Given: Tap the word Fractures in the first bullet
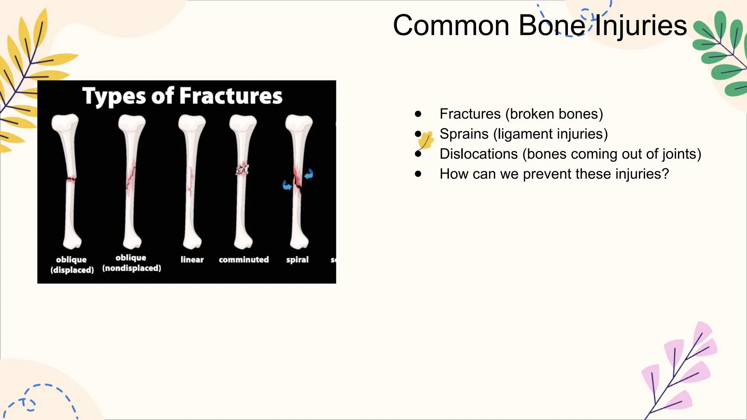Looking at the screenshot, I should click(470, 114).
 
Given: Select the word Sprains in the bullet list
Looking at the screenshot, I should click(464, 134).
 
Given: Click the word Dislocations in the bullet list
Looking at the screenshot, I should click(478, 154).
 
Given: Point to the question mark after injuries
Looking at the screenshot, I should click(666, 174).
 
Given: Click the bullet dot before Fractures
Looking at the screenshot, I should click(418, 114).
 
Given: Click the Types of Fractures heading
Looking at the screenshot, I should click(182, 96).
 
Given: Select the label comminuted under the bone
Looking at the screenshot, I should click(244, 260).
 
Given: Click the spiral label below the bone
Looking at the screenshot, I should click(297, 260).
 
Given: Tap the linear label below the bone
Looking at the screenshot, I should click(192, 260).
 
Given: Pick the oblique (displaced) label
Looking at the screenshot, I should click(72, 265).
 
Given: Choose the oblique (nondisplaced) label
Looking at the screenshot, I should click(131, 263).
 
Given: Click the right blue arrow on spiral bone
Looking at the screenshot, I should click(309, 174).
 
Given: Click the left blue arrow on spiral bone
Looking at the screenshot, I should click(287, 185).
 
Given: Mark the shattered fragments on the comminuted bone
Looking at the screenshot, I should click(242, 170).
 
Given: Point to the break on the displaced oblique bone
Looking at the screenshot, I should click(71, 179).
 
